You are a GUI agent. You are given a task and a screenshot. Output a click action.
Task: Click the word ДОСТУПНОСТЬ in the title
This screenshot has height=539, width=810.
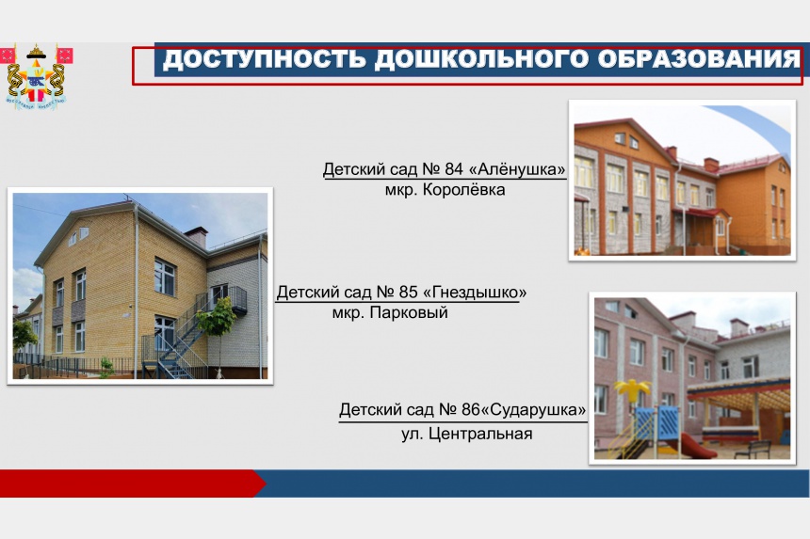tap(265, 59)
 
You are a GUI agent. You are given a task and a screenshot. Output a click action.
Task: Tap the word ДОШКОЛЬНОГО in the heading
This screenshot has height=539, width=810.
tap(482, 59)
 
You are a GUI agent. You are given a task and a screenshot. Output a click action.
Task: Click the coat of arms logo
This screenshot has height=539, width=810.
tap(36, 76)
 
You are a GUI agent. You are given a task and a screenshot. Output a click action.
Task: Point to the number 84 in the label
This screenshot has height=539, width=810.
tap(454, 169)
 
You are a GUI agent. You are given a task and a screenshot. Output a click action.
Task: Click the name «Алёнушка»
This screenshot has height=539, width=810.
tap(517, 169)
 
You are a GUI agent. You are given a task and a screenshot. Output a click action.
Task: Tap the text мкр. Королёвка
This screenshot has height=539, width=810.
tap(445, 190)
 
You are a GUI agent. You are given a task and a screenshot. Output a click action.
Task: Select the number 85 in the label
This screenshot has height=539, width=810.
tap(408, 293)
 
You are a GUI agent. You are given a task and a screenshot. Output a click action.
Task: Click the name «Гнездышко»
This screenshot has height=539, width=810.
tap(475, 293)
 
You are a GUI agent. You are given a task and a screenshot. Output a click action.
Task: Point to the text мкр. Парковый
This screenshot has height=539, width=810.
tap(390, 312)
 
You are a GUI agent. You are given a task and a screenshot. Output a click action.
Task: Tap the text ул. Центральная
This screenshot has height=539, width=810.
tap(467, 434)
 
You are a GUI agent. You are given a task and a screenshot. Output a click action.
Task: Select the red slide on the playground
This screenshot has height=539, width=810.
tap(692, 445)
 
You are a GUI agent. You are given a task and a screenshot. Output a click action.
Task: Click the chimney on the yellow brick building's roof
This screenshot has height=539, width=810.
tap(196, 237)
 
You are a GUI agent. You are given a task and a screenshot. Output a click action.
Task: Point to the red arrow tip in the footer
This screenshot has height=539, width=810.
tap(266, 484)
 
